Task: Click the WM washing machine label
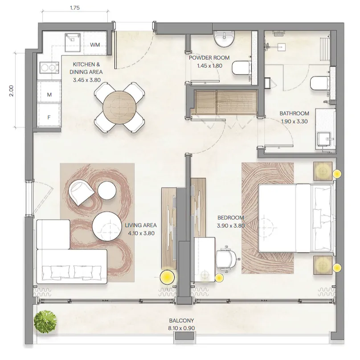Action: point(95,44)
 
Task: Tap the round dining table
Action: point(119,107)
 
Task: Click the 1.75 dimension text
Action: point(75,8)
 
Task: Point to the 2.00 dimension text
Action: point(12,91)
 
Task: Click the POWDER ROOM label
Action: point(209,57)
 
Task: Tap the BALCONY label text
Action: point(181,320)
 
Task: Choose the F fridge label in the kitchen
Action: point(49,118)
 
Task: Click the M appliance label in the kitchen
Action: point(49,94)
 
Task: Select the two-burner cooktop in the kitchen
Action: point(49,68)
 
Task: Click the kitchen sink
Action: point(73,42)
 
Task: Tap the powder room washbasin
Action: point(224,40)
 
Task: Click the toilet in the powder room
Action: point(241,68)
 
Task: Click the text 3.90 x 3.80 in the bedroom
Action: point(231,226)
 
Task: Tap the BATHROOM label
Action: point(294,114)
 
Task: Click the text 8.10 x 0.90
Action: point(181,328)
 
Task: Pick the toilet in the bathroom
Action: point(319,83)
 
